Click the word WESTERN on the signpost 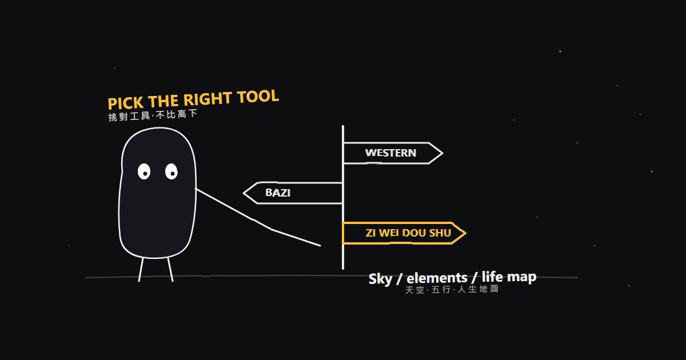[390, 153]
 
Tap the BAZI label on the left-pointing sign [278, 193]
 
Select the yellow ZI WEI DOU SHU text [408, 233]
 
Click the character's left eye [144, 171]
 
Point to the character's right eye [171, 171]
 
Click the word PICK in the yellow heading [126, 103]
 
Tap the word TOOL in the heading [258, 97]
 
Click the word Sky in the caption [380, 279]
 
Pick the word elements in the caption [437, 278]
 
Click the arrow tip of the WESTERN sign [442, 153]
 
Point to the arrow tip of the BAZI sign [244, 193]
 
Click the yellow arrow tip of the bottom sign [465, 233]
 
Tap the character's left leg [141, 270]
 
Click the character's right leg [170, 270]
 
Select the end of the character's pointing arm [320, 246]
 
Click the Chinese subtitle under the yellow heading [153, 115]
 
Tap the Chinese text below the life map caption [452, 289]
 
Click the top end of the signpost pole [343, 126]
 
